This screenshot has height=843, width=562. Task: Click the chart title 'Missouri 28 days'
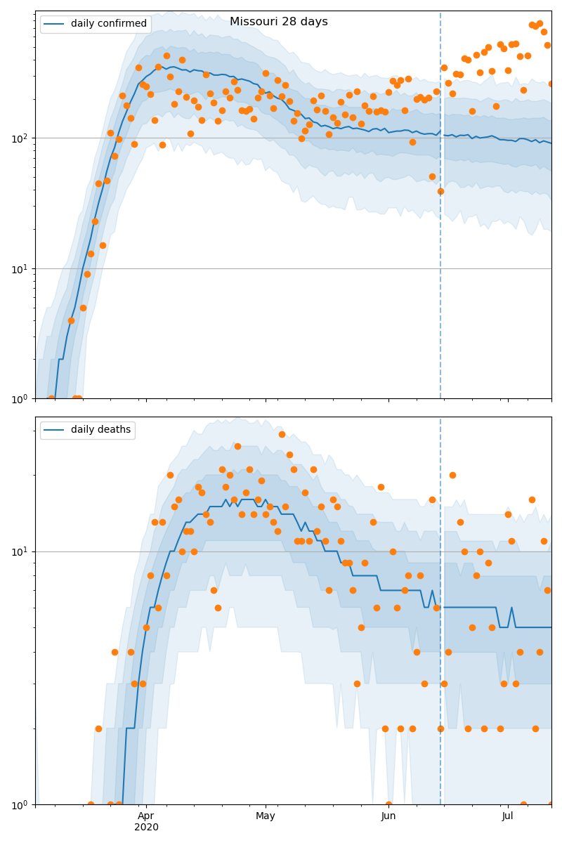pos(278,22)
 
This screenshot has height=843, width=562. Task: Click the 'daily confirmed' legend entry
pos(96,24)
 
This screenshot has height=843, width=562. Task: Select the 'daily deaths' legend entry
pos(88,430)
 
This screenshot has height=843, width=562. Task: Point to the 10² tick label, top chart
pos(21,138)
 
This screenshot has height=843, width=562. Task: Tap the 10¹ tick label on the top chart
pos(21,268)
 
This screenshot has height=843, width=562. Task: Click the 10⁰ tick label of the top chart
pos(21,398)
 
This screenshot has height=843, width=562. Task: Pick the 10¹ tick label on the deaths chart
pos(21,551)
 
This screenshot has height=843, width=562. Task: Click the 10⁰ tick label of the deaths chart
pos(21,804)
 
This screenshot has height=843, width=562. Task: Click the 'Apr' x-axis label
pos(146,816)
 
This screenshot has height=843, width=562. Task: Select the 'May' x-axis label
pos(266,816)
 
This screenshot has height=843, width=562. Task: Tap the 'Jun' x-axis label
pos(388,816)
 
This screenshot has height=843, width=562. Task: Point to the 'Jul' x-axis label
pos(507,816)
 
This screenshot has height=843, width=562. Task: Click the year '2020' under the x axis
pos(146,828)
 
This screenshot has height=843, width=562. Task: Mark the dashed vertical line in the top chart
pos(440,211)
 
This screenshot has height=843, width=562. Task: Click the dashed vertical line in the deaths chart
pos(440,632)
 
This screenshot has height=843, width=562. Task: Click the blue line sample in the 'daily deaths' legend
pos(55,430)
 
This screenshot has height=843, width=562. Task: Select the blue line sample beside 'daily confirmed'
pos(55,24)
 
